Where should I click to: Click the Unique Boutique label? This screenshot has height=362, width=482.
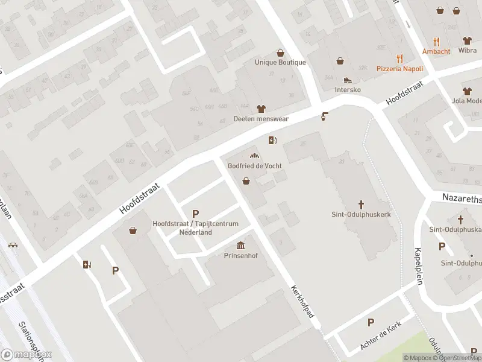pos(280,62)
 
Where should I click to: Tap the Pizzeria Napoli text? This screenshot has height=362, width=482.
pos(399,69)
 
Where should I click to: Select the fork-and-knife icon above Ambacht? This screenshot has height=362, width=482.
pos(437,42)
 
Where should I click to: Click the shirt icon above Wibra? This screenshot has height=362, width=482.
pos(467,41)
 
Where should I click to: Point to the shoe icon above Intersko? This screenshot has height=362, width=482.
pos(347,80)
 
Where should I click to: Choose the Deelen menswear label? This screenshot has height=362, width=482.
pos(261,119)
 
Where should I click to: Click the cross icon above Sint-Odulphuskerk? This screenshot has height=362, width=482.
pos(361,205)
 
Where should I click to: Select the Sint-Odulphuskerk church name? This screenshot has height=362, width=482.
pos(361,214)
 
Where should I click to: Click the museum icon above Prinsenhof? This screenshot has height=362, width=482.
pos(240,245)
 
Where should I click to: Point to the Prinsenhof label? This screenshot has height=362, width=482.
pos(240,255)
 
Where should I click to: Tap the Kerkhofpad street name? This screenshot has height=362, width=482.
pos(304,306)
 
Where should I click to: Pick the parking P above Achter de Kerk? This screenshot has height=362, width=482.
pos(371,323)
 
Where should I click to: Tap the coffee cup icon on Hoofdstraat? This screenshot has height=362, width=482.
pos(325,116)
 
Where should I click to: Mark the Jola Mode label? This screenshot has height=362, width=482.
pos(466,101)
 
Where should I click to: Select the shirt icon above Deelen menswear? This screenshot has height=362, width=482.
pos(261,109)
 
